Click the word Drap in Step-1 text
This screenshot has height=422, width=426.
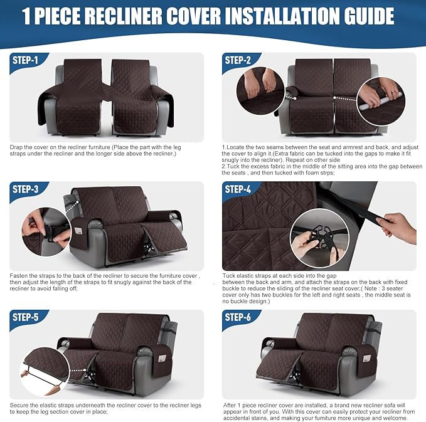pyautogui.click(x=16, y=147)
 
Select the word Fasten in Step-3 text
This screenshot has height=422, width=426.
pyautogui.click(x=19, y=275)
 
